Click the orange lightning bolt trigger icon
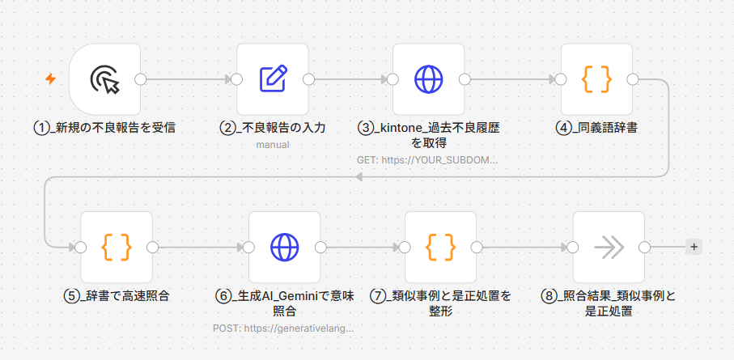coord(50,78)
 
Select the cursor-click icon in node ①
coord(105,79)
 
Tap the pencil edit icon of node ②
coord(274,78)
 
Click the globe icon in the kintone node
coord(428,78)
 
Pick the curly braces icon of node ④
coord(596,78)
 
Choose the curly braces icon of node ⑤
coord(117,247)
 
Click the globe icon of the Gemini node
coord(285,247)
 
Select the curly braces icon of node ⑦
coord(440,247)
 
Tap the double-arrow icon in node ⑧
coord(609,248)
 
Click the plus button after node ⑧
coord(694,247)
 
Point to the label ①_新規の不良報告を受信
coord(105,127)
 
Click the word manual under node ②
coord(273,145)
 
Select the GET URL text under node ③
coord(427,160)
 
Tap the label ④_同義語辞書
coord(596,127)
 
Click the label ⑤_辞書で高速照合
coord(116,296)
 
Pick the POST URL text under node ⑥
coord(283,328)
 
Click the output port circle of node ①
coord(140,79)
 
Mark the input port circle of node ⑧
coord(573,248)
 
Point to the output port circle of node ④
coord(632,79)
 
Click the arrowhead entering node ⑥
coord(240,248)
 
